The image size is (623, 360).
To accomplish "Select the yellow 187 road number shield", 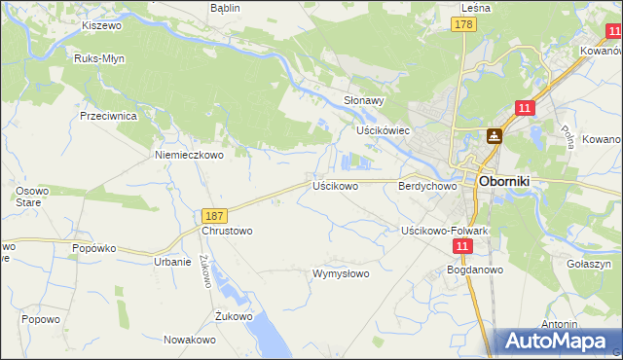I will (x=215, y=215).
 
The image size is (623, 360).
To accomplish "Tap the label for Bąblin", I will (x=225, y=7).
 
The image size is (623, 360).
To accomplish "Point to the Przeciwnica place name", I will (x=108, y=115).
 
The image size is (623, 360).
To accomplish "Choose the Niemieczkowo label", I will (x=189, y=154).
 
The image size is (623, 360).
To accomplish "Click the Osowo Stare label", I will (x=32, y=196).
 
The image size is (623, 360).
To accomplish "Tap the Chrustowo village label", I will (x=227, y=232).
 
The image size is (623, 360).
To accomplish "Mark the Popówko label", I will (x=94, y=248).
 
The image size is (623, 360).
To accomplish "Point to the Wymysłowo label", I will (x=340, y=273).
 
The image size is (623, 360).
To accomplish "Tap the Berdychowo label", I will (x=427, y=185).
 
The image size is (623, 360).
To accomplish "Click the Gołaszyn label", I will (x=588, y=264).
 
